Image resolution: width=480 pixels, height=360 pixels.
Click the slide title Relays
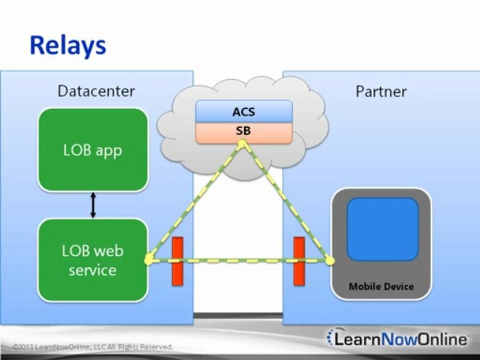click(x=67, y=45)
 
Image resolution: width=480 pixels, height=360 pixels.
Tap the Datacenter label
click(x=96, y=91)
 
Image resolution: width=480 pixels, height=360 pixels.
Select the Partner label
click(x=381, y=91)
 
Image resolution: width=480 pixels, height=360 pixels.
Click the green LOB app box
click(x=93, y=150)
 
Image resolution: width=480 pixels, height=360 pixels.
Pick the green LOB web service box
click(x=93, y=260)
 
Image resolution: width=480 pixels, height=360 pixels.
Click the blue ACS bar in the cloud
click(x=243, y=111)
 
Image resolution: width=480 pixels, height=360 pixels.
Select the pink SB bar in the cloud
click(x=243, y=131)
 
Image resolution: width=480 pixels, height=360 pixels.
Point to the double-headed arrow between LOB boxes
click(x=92, y=205)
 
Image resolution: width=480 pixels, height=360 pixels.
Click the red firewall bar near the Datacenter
click(x=177, y=261)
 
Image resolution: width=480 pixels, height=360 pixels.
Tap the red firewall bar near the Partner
click(x=299, y=261)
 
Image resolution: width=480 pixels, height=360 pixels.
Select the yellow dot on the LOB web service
click(x=148, y=259)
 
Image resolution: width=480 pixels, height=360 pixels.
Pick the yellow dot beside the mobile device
click(x=329, y=260)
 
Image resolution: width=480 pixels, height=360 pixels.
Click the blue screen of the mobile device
click(x=382, y=229)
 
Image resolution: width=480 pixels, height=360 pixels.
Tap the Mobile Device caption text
click(x=381, y=286)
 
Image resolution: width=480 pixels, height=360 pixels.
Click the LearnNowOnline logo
click(x=397, y=339)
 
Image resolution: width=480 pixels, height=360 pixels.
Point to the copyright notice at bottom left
click(x=93, y=346)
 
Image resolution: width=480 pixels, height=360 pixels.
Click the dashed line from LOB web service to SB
click(x=195, y=202)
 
